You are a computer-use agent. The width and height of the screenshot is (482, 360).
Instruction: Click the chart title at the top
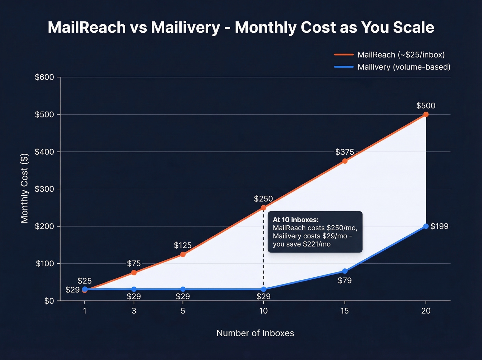click(241, 28)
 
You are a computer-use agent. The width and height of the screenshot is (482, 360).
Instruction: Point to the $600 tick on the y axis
click(44, 77)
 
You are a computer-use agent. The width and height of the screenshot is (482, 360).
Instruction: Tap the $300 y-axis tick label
click(44, 189)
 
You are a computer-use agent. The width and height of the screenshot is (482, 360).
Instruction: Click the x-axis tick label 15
click(344, 311)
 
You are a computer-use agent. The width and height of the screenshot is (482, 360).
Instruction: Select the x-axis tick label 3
click(134, 311)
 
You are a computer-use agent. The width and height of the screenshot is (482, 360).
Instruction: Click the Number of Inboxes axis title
click(255, 333)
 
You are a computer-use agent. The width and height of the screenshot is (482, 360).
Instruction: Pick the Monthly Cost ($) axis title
click(24, 188)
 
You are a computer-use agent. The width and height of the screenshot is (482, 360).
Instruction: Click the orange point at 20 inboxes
click(426, 114)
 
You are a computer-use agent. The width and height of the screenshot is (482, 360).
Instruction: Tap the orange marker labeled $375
click(345, 161)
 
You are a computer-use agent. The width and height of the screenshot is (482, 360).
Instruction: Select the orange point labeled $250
click(263, 208)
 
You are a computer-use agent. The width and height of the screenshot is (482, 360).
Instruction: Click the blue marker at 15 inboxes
click(345, 271)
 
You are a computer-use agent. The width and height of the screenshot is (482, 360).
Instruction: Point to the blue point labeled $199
click(426, 226)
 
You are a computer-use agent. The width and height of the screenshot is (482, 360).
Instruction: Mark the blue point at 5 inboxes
click(183, 289)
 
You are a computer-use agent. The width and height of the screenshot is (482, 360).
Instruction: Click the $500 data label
click(426, 106)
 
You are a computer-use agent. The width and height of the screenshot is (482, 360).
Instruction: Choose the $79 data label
click(345, 280)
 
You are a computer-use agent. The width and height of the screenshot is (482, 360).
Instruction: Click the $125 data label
click(182, 245)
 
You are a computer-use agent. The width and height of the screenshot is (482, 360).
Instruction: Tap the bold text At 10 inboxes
click(295, 219)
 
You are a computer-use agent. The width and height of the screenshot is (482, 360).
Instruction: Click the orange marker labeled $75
click(134, 272)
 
